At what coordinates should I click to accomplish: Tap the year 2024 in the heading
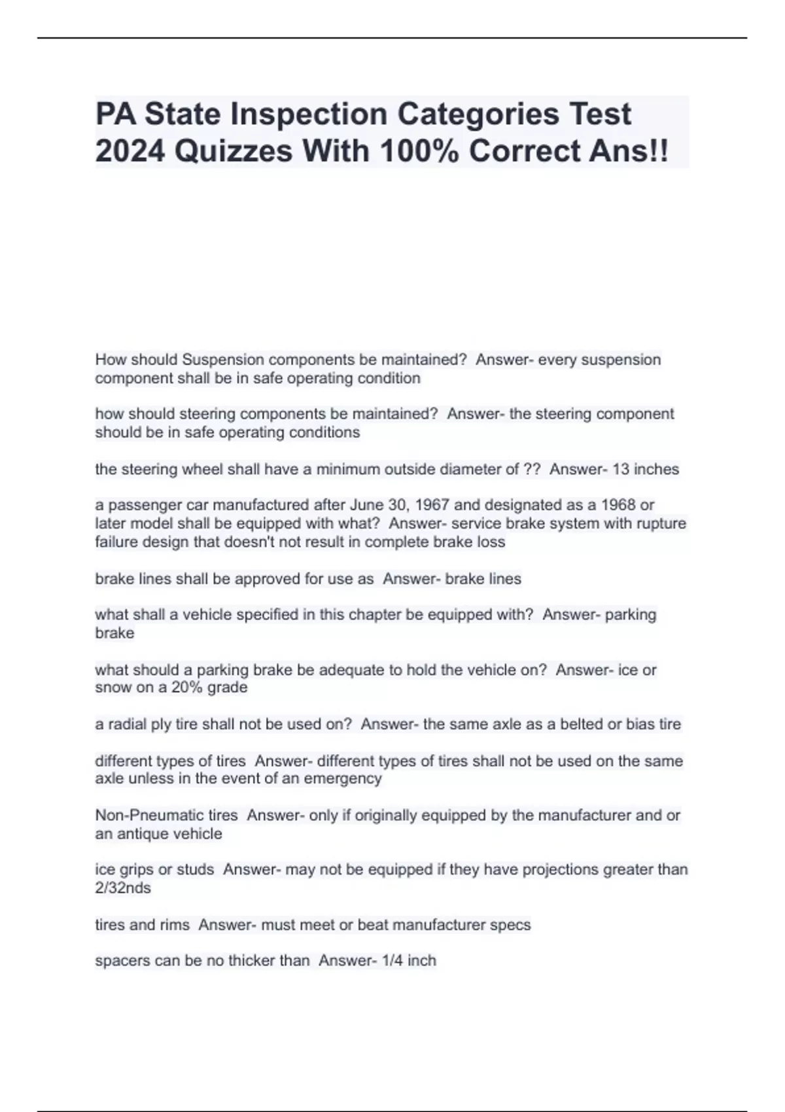tap(129, 151)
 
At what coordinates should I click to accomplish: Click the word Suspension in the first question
tap(223, 360)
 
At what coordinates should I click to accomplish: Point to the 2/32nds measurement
tap(123, 888)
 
